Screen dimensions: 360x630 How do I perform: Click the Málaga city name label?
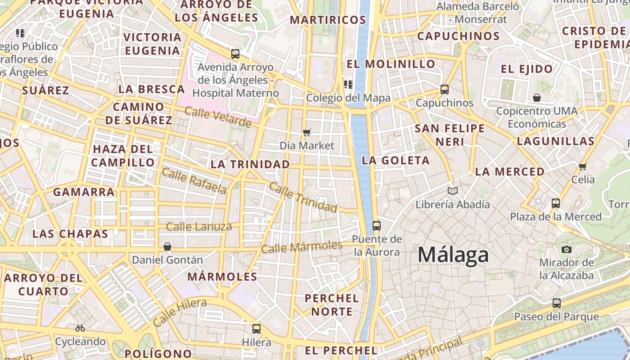pyautogui.click(x=453, y=255)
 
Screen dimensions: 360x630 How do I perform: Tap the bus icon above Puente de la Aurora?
pyautogui.click(x=377, y=225)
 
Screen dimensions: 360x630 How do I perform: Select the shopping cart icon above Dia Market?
pyautogui.click(x=307, y=132)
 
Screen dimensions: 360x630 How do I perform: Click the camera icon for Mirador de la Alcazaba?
pyautogui.click(x=567, y=249)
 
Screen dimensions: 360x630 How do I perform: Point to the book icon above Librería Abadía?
pyautogui.click(x=453, y=191)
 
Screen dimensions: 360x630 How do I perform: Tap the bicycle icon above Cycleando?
pyautogui.click(x=80, y=328)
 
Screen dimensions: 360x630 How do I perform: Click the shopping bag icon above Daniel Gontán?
pyautogui.click(x=167, y=246)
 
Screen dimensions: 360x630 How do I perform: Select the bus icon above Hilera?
pyautogui.click(x=256, y=328)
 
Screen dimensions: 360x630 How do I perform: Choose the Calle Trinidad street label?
pyautogui.click(x=302, y=197)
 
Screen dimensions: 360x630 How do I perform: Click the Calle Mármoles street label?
pyautogui.click(x=301, y=247)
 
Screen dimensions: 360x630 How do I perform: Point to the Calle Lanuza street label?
pyautogui.click(x=199, y=226)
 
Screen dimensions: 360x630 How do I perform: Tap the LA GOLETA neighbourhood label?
pyautogui.click(x=396, y=160)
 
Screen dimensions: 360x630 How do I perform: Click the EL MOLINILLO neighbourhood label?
pyautogui.click(x=391, y=64)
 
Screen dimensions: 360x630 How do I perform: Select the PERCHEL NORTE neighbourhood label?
pyautogui.click(x=332, y=305)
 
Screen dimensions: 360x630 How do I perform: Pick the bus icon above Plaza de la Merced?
pyautogui.click(x=556, y=203)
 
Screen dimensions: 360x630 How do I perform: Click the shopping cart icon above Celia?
pyautogui.click(x=583, y=166)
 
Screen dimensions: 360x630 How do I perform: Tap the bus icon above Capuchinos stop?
pyautogui.click(x=445, y=89)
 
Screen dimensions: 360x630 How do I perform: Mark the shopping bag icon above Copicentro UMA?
pyautogui.click(x=537, y=97)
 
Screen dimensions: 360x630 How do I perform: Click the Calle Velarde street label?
pyautogui.click(x=218, y=117)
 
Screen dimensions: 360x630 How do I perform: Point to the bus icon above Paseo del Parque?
pyautogui.click(x=557, y=303)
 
